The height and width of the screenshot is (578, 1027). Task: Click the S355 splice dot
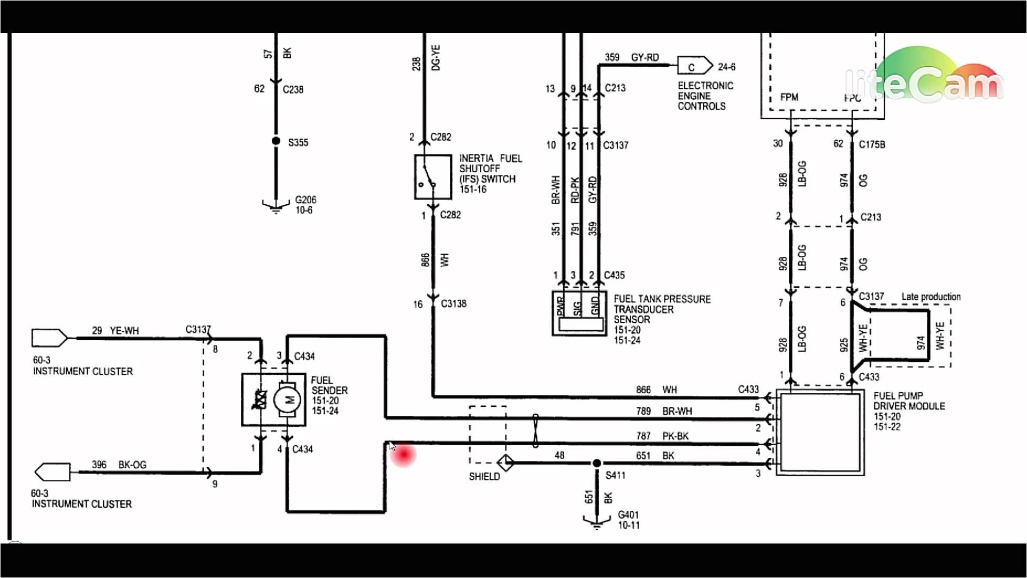tap(276, 141)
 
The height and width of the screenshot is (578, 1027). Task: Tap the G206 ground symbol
tap(276, 206)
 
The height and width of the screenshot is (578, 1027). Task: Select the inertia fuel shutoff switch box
tap(433, 177)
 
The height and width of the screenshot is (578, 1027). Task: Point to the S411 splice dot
tap(596, 463)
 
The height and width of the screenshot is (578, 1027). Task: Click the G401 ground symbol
tap(596, 521)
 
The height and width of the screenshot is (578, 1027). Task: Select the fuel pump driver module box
tap(820, 432)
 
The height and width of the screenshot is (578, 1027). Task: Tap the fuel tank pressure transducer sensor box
tap(579, 313)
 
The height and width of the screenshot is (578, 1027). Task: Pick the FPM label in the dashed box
tap(789, 97)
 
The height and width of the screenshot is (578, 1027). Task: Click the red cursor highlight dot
tap(403, 454)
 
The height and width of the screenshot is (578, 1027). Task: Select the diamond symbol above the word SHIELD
tap(505, 462)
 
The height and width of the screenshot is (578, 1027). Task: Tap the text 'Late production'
tap(931, 296)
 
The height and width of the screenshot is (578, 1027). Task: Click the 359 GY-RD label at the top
tap(632, 57)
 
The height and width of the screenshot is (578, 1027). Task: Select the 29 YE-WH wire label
tap(115, 331)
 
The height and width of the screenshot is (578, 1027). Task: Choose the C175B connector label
tap(872, 144)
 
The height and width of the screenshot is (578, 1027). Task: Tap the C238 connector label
tap(293, 89)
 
